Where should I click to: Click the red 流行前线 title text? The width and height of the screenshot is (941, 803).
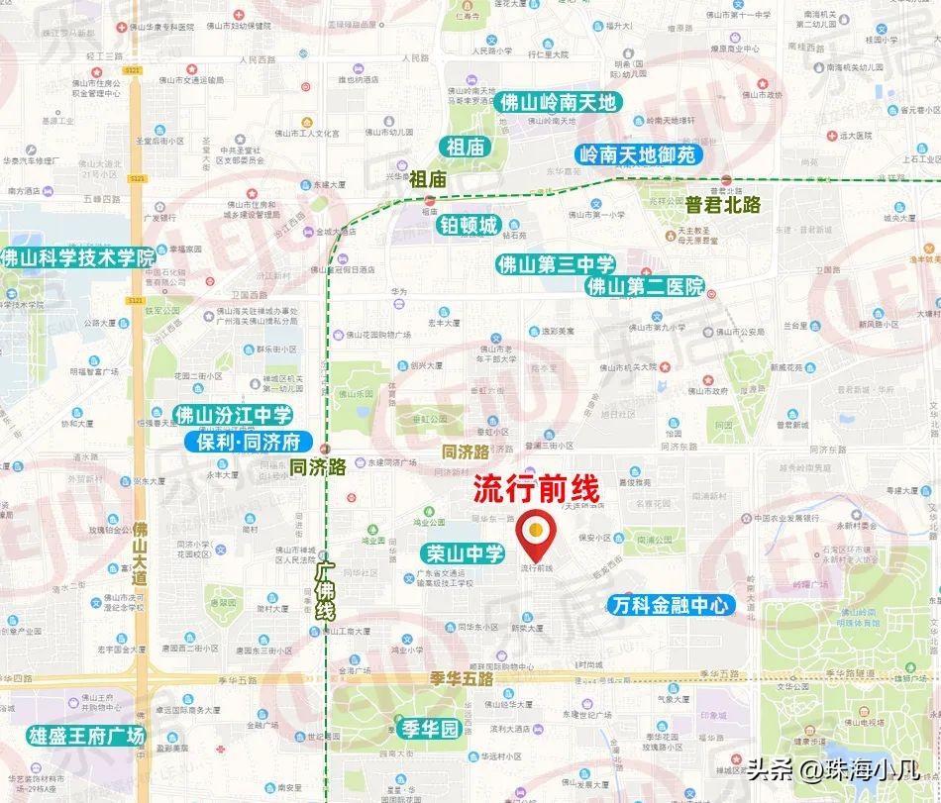click(537, 489)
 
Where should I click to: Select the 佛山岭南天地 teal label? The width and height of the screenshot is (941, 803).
click(558, 102)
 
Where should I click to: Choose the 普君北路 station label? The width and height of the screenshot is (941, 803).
click(716, 205)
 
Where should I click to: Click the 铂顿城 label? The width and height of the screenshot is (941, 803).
click(468, 226)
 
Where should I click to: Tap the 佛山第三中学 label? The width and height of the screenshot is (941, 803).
click(556, 264)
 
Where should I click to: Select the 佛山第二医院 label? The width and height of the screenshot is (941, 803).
click(644, 287)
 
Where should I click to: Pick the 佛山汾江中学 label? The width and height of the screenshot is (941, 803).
click(233, 416)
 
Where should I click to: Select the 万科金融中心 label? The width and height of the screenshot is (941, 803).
click(671, 604)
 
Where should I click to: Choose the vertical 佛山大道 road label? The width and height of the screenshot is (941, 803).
click(141, 552)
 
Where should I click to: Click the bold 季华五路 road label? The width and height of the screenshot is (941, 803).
click(463, 680)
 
